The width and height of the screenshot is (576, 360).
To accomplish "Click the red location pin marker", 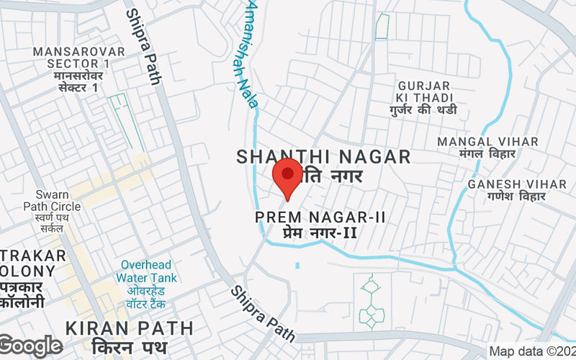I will coord(288,177).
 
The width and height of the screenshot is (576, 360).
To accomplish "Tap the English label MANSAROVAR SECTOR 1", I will coord(78,58).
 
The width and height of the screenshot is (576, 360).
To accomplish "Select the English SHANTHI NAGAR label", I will coord(323,156).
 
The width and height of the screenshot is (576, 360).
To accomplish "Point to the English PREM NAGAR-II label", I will coord(306,217).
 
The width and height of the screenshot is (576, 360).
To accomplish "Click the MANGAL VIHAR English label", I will coord(487,143).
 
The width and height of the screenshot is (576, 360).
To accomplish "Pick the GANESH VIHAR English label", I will coord(507,184).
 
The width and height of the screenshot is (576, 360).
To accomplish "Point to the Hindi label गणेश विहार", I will coord(507,197).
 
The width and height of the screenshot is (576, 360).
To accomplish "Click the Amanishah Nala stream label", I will coord(245,54).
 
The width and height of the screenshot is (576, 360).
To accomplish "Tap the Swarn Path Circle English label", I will coord(52,201).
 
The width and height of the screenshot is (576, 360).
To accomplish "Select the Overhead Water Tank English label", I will coord(148,271).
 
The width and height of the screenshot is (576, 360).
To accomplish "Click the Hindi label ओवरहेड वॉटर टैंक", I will coord(148,297).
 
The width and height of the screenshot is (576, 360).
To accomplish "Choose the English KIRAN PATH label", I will coord(130,328).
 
